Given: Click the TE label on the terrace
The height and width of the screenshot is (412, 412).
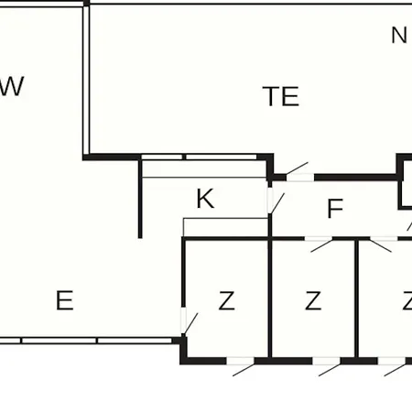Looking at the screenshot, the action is [281, 96].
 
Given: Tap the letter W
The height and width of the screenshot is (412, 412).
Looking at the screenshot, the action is [12, 86].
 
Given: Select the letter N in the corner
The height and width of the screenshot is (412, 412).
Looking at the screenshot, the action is [399, 35].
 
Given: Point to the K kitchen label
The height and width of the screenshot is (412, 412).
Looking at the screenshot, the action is [205, 199].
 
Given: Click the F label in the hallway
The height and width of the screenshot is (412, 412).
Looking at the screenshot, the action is [335, 209].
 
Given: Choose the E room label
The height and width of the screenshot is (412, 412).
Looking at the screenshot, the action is [65, 300].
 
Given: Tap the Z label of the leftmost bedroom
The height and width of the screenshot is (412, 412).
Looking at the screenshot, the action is [226, 300].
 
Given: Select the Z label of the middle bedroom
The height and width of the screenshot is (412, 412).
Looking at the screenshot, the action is [313, 300].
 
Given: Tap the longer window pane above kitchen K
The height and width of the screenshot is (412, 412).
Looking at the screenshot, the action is [222, 157].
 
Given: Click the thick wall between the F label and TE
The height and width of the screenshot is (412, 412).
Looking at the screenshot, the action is [355, 178].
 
